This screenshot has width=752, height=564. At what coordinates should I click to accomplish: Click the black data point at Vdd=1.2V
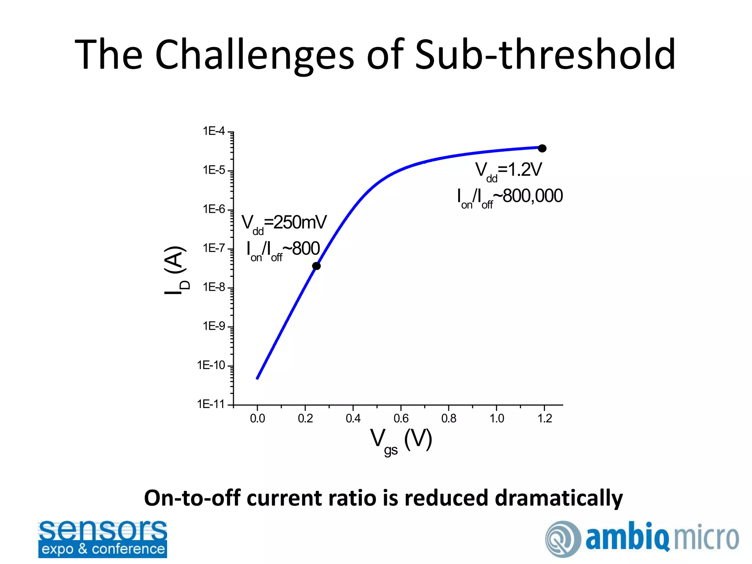[542, 148]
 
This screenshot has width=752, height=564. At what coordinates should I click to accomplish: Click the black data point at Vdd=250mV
[316, 266]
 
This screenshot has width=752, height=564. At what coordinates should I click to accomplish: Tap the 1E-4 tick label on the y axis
[214, 131]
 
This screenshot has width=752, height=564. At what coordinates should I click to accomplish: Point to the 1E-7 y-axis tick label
[214, 248]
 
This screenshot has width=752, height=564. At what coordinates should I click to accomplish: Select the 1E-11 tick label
[211, 404]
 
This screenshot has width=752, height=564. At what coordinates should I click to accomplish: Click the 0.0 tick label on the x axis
[257, 418]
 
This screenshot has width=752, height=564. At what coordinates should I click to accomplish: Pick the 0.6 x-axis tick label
[401, 418]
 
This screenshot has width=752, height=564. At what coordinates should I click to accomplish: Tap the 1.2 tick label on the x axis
[545, 418]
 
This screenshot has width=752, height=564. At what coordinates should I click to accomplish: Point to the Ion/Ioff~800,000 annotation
[510, 197]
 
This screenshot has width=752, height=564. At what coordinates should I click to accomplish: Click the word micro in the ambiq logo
[706, 538]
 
